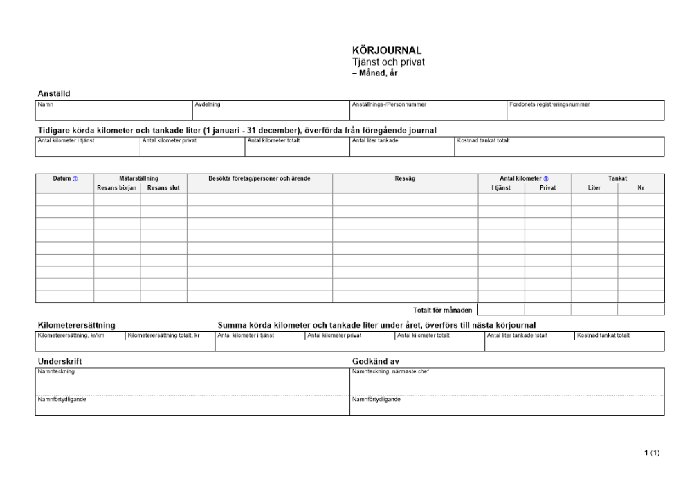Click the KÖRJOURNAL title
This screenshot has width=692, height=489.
click(x=387, y=50)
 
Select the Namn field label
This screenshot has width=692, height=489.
click(x=46, y=104)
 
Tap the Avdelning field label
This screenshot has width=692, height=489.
click(x=208, y=104)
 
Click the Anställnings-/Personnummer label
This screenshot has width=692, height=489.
click(x=389, y=104)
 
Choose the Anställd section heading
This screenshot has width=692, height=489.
click(x=53, y=93)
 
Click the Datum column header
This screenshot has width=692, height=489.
click(x=62, y=178)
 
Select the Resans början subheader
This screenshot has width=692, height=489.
click(x=117, y=187)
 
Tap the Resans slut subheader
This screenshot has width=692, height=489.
click(x=163, y=187)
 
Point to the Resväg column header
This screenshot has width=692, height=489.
click(x=405, y=178)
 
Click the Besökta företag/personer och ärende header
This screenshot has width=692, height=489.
click(x=259, y=178)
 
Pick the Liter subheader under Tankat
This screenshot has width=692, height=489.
click(x=594, y=187)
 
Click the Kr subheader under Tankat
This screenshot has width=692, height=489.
click(x=641, y=187)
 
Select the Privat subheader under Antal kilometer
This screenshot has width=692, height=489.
click(x=547, y=187)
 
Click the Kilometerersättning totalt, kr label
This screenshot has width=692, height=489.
click(x=163, y=335)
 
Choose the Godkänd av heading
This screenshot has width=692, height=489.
click(x=375, y=361)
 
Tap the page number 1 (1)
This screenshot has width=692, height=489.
click(x=652, y=453)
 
